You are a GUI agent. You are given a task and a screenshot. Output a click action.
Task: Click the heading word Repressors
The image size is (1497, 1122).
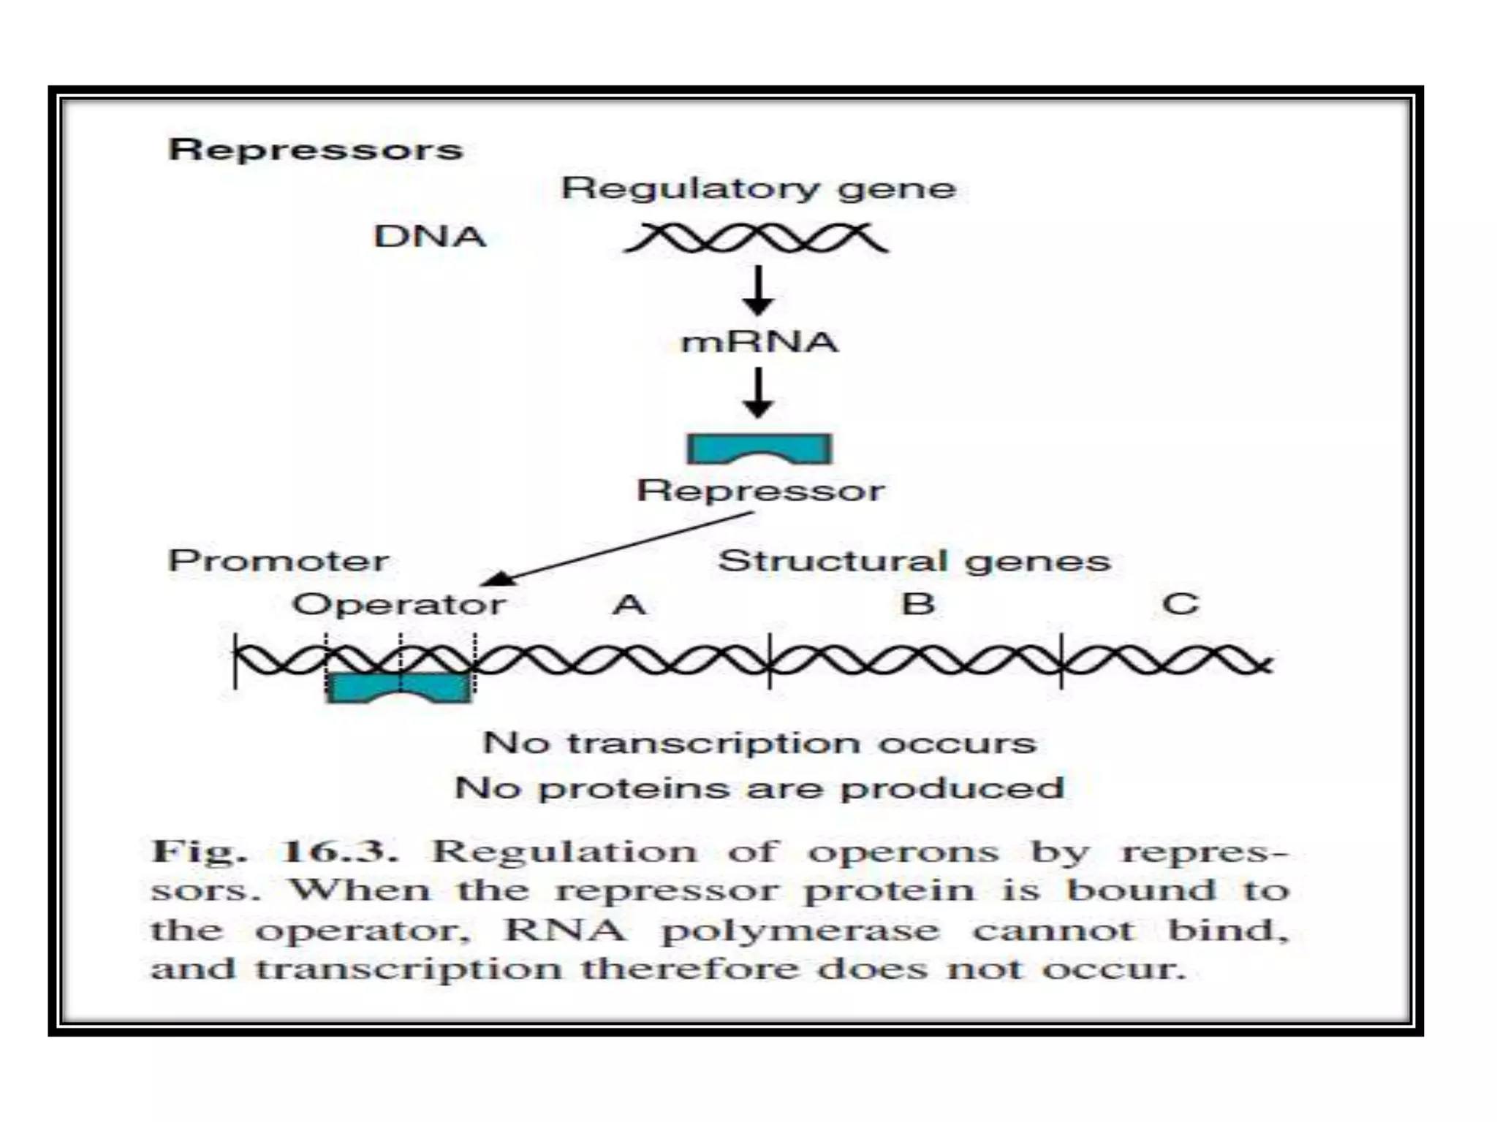[315, 150]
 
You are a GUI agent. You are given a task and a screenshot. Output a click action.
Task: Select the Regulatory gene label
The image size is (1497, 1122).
[758, 188]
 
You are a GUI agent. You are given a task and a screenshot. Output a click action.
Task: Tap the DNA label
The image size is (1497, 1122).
[429, 237]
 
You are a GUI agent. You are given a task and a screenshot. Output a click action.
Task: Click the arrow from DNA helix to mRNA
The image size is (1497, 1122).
[759, 291]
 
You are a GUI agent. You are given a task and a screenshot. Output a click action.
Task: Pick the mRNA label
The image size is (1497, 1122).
[759, 342]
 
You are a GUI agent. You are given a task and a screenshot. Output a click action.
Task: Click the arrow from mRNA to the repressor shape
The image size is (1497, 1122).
[759, 393]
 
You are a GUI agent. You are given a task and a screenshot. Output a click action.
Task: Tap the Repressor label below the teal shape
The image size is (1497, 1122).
[760, 490]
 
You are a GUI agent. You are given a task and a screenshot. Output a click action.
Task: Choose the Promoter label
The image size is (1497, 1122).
[278, 561]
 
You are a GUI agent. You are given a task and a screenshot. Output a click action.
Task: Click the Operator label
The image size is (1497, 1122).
[398, 605]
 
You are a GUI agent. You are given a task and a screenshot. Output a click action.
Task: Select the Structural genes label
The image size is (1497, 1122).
[914, 561]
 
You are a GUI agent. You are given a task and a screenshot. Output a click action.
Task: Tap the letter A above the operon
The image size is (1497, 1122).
[629, 605]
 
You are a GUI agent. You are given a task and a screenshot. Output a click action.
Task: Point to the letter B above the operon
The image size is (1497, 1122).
[918, 604]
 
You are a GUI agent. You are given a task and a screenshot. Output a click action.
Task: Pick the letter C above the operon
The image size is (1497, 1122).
[1180, 604]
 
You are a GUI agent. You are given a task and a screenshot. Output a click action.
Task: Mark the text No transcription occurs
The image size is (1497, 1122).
[759, 743]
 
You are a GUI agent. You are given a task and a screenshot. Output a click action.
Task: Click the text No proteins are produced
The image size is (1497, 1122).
[759, 788]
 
